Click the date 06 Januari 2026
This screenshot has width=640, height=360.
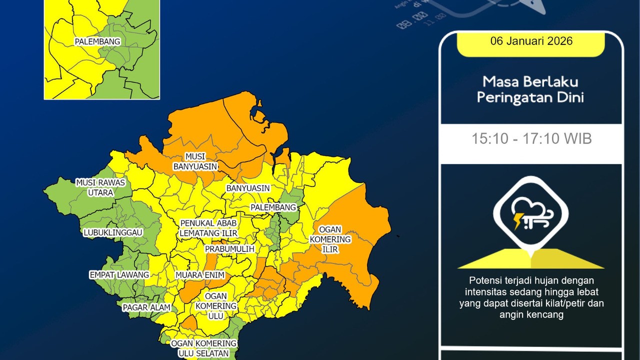click(x=531, y=41)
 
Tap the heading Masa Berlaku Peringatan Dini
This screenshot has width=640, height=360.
click(x=530, y=89)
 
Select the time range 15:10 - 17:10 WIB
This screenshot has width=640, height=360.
click(x=531, y=138)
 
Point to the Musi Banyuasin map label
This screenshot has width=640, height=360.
click(x=195, y=161)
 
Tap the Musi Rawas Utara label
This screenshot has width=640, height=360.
click(x=100, y=187)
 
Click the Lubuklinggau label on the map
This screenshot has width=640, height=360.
click(x=113, y=232)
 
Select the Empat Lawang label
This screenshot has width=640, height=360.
click(x=119, y=275)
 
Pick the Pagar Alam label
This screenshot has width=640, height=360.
click(x=146, y=307)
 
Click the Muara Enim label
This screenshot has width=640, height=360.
click(x=199, y=275)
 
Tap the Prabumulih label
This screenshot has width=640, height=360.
click(x=230, y=248)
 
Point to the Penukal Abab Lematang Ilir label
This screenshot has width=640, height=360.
click(x=208, y=227)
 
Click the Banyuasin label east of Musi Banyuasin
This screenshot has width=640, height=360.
click(x=248, y=188)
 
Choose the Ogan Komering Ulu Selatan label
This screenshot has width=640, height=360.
click(x=203, y=348)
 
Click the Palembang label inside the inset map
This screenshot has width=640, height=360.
click(x=97, y=42)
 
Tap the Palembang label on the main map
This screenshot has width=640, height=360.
click(x=273, y=207)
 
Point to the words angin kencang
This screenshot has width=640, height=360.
click(x=531, y=314)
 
